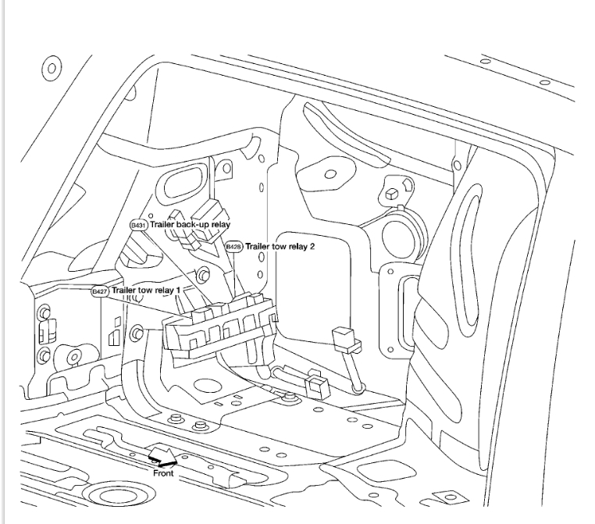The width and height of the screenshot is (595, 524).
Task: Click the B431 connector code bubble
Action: click(x=138, y=225)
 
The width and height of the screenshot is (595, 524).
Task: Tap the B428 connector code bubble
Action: click(x=233, y=247)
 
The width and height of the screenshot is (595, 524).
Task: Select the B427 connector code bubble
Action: click(x=99, y=291)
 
